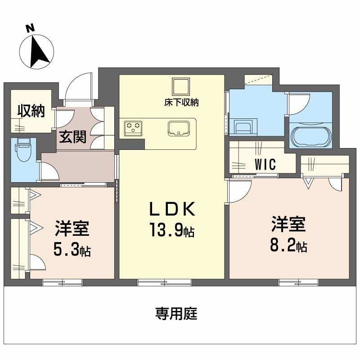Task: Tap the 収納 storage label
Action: [x=31, y=111]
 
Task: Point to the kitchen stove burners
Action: [x=134, y=127]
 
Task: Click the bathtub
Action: [x=310, y=135]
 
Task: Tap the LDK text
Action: [x=171, y=209]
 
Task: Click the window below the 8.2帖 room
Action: [x=298, y=282]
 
